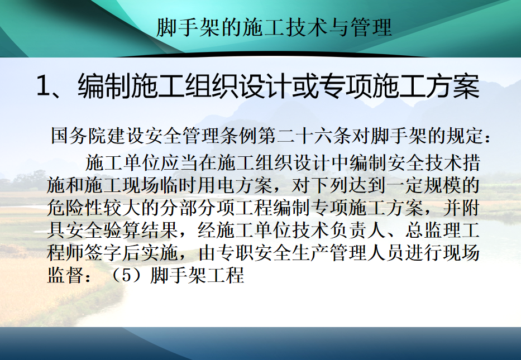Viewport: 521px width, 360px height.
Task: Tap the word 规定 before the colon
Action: (x=464, y=136)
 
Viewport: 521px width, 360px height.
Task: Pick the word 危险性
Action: (x=74, y=208)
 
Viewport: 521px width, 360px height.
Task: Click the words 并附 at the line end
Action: (x=461, y=208)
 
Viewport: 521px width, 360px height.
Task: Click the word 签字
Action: (x=103, y=253)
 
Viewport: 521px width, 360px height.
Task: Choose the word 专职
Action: (x=235, y=253)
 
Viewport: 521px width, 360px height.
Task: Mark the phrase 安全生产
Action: (x=291, y=253)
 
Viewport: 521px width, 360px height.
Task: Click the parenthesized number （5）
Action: (x=127, y=276)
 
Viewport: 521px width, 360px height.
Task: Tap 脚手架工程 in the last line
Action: (x=197, y=276)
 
